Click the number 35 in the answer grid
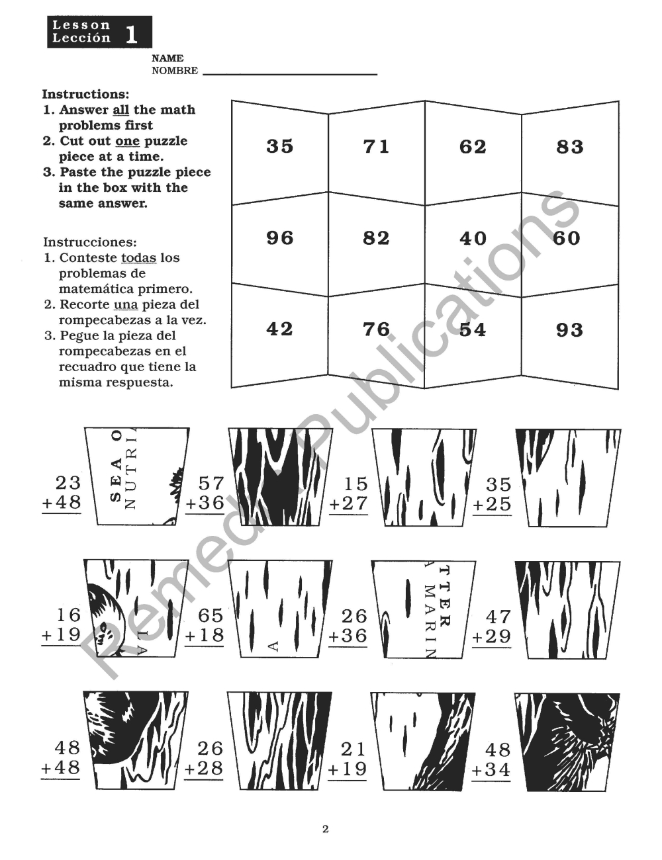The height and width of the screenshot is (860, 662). [279, 146]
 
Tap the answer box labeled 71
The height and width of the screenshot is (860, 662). [376, 146]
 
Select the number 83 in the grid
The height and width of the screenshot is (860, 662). [569, 146]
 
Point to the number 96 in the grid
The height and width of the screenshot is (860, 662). [279, 237]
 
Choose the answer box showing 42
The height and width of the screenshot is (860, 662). [279, 329]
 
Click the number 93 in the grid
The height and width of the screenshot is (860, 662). [569, 329]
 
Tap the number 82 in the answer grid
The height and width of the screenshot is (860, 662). [376, 237]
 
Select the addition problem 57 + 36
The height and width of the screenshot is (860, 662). [206, 493]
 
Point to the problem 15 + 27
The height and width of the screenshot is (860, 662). [349, 494]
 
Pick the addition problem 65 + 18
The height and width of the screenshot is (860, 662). [205, 626]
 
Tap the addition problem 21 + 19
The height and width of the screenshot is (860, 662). [348, 759]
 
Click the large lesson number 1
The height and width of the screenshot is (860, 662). [132, 33]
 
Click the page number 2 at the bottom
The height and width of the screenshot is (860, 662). [325, 829]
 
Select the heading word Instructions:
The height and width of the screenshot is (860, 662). [85, 94]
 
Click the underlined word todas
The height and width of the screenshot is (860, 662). [138, 257]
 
